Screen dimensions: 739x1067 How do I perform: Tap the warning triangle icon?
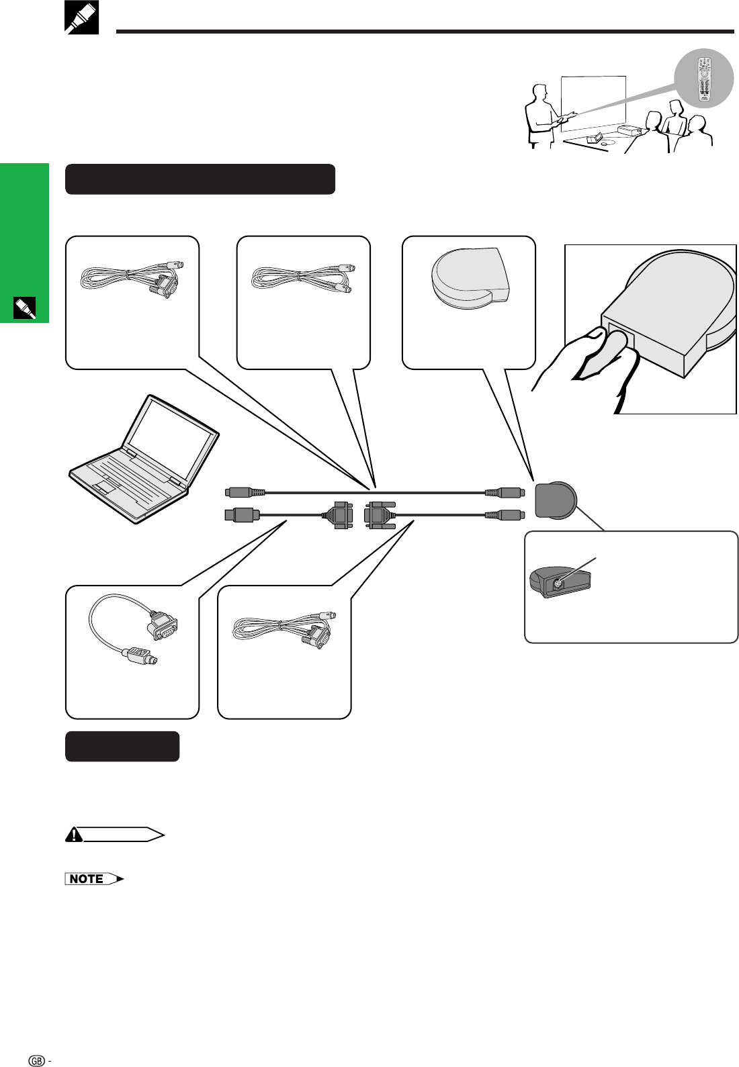[74, 835]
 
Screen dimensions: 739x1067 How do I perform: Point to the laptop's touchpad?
[107, 486]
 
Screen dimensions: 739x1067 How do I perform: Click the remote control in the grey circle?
[704, 79]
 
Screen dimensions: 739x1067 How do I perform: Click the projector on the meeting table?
[632, 130]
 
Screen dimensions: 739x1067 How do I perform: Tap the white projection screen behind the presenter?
[593, 104]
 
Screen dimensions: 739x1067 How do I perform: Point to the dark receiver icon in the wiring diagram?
[556, 500]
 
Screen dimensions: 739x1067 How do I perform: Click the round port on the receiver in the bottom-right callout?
[558, 583]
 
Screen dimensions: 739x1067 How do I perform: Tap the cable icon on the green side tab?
[24, 308]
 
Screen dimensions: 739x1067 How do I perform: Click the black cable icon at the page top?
[81, 17]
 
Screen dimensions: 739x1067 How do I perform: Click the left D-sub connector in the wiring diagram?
[339, 515]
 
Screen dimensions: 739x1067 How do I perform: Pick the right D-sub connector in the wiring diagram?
[380, 515]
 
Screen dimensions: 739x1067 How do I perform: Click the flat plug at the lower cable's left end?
[242, 515]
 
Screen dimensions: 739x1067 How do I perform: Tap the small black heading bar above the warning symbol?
[122, 747]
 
